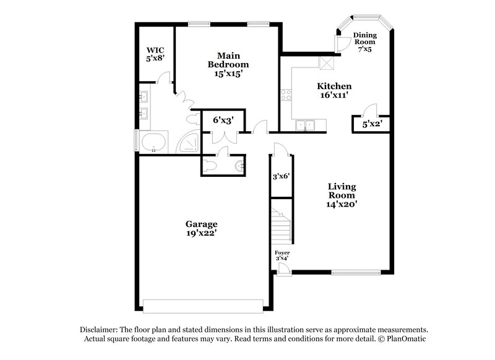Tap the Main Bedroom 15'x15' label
click(228, 64)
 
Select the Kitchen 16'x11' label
click(335, 91)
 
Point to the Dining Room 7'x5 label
click(365, 42)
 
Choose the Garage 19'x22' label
click(201, 229)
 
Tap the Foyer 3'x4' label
click(282, 256)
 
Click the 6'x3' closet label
click(222, 120)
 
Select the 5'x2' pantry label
click(371, 124)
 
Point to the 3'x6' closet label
click(282, 176)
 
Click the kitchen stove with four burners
click(286, 95)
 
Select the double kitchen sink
click(306, 126)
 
